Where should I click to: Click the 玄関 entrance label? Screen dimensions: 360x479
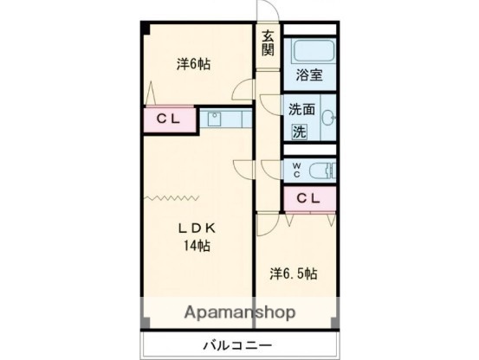269,43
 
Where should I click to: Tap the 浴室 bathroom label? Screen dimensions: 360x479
311,74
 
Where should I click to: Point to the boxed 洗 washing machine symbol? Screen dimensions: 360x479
298,132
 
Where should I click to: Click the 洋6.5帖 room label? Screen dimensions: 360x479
293,274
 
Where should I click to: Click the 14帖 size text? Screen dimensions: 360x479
197,246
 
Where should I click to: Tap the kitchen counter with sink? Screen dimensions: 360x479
226,119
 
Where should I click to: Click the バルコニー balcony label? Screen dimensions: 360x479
238,344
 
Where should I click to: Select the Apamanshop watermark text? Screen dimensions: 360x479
239,312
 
